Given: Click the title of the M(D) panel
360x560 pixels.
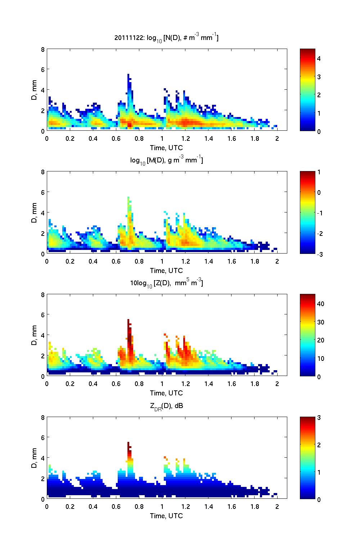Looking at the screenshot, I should coord(167,160).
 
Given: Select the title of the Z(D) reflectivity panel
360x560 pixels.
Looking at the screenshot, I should coord(167,283).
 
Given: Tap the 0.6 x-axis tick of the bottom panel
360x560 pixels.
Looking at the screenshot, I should coord(116,506).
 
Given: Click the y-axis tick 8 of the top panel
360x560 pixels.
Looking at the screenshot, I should coord(43,49).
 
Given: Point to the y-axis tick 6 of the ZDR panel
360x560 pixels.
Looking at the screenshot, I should coord(43,437).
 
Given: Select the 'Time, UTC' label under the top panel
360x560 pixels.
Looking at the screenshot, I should coord(166,148).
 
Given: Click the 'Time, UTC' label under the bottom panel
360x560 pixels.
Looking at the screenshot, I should coord(166,516).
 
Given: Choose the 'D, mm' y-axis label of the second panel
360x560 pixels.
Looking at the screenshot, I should coord(35,213).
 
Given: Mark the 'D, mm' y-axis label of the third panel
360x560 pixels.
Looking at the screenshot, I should coord(35,335).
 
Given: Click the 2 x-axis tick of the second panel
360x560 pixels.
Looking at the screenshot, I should coord(277,261).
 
